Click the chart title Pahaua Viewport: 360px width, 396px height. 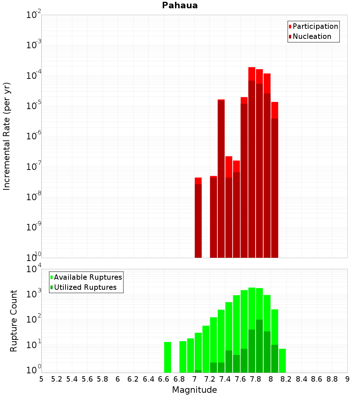click(180, 5)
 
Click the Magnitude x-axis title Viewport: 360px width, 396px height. click(194, 390)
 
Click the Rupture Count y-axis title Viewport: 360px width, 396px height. click(14, 320)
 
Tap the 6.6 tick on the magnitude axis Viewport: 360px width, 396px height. click(164, 379)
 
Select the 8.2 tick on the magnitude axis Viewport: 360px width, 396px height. click(286, 379)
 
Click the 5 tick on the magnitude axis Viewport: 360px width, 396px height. click(41, 379)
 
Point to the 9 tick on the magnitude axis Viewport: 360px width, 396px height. click(347, 379)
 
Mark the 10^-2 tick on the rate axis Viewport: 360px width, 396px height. click(33, 15)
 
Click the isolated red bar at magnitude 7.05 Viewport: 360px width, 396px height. click(198, 218)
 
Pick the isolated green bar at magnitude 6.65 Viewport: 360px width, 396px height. click(167, 357)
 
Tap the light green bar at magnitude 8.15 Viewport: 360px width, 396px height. click(282, 360)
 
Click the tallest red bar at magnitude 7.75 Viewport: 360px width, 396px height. click(252, 162)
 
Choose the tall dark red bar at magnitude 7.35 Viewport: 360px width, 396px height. click(221, 180)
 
